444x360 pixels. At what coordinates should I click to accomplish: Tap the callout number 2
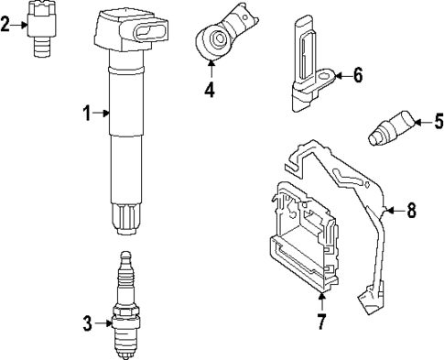pyautogui.click(x=6, y=24)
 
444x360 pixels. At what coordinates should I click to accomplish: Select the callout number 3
pyautogui.click(x=88, y=322)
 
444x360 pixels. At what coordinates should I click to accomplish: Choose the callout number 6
pyautogui.click(x=357, y=75)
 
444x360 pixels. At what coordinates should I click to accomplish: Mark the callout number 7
pyautogui.click(x=321, y=322)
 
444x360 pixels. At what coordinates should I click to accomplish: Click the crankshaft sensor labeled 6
pyautogui.click(x=307, y=69)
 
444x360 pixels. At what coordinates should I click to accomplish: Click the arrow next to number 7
pyautogui.click(x=321, y=300)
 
